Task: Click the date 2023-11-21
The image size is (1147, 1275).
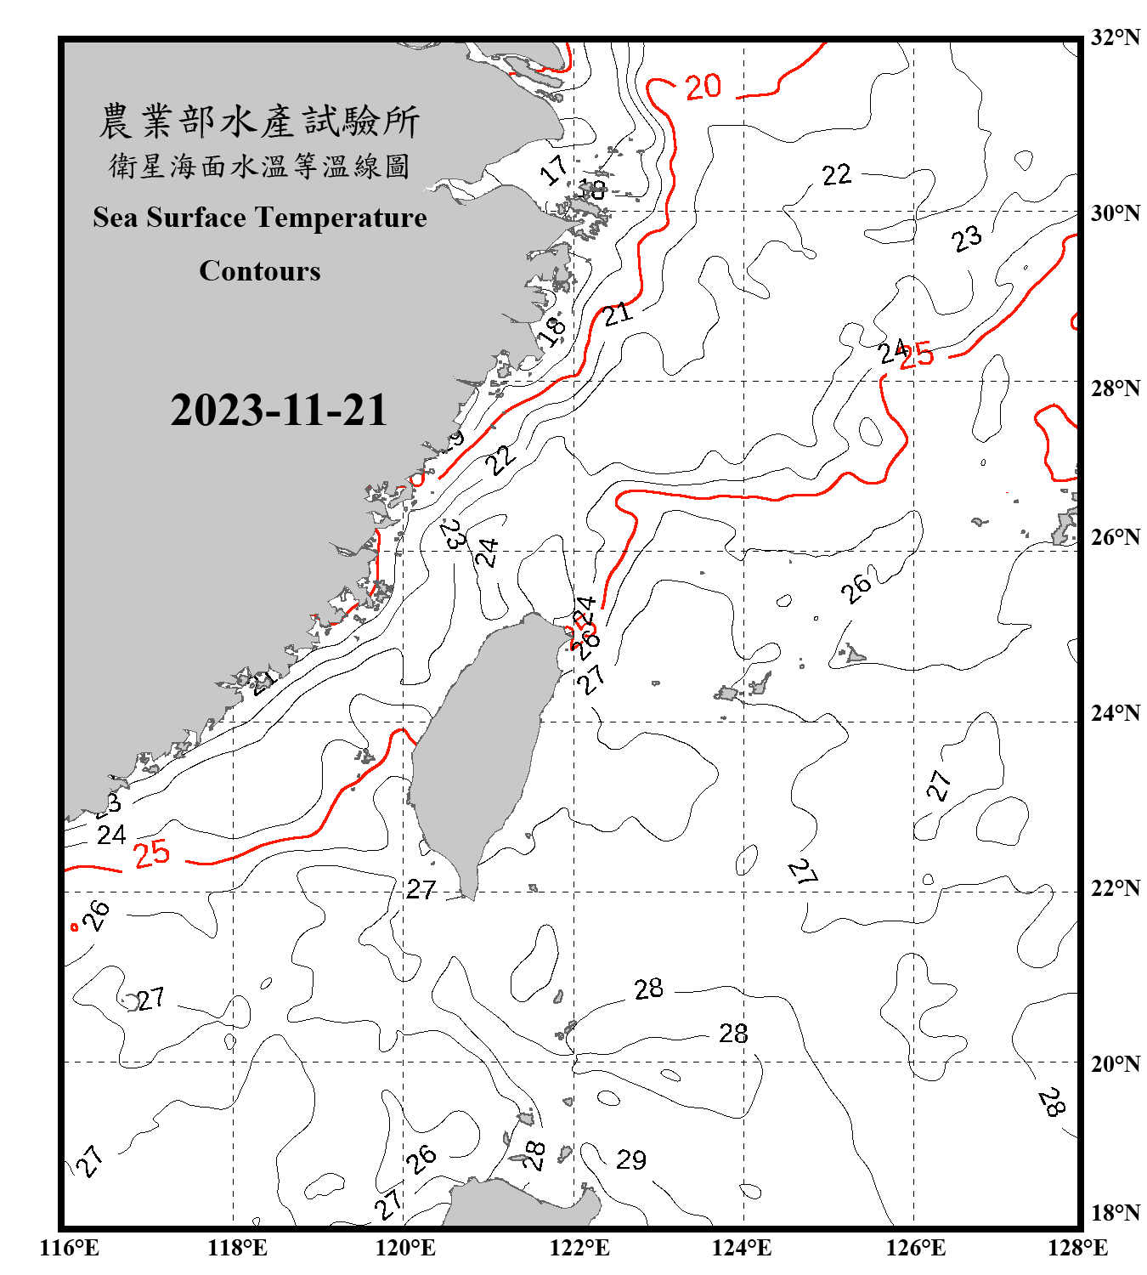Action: (x=279, y=411)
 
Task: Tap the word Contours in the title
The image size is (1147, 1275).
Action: (x=260, y=271)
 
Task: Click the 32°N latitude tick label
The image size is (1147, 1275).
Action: (x=1115, y=37)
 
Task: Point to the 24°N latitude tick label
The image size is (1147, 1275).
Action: (x=1115, y=713)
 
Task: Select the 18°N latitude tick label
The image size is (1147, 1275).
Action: (x=1115, y=1213)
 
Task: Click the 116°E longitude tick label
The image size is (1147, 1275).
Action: (x=70, y=1248)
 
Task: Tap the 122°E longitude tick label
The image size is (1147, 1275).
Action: (x=579, y=1248)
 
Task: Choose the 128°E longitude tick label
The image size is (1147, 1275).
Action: (x=1077, y=1248)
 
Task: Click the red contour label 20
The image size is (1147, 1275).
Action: (x=703, y=87)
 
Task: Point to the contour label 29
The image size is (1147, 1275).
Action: (x=631, y=1159)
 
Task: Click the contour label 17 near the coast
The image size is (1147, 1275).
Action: (x=555, y=170)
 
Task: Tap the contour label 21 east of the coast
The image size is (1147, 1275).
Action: (x=618, y=314)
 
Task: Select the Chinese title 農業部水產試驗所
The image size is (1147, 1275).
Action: (x=259, y=122)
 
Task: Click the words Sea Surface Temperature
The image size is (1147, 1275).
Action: (x=260, y=218)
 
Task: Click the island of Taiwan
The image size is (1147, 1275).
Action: (x=480, y=748)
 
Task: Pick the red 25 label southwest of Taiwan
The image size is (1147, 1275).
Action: (x=152, y=853)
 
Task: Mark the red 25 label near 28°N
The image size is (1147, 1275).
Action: (x=917, y=354)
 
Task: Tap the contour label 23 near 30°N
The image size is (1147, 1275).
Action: (x=967, y=239)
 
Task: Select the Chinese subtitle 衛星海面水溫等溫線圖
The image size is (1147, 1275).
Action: (x=259, y=166)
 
